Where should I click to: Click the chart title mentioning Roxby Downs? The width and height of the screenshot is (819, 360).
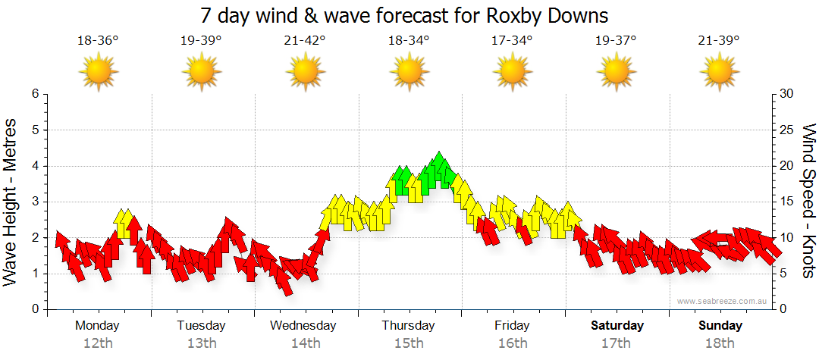pos(404,15)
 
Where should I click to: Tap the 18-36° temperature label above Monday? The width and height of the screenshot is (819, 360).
pos(98,41)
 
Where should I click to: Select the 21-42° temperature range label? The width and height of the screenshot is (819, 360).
pos(305,41)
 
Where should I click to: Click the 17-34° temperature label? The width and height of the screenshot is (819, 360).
pos(512,41)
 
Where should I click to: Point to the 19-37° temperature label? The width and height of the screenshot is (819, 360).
pos(616,41)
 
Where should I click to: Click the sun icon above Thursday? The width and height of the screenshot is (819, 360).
pos(409,72)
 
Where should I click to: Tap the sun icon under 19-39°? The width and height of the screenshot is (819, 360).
pos(202,72)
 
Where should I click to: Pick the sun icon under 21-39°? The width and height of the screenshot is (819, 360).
pos(719,72)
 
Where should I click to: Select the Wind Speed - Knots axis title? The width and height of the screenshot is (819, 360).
pos(808,202)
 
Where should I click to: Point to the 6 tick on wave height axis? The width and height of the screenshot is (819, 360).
pos(34,94)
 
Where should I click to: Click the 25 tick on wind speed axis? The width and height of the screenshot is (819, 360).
pos(786,130)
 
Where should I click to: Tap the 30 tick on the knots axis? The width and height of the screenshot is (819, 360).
pos(786,94)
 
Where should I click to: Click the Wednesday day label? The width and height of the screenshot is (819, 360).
pos(303,326)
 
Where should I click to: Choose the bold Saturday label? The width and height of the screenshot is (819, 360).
pos(617,326)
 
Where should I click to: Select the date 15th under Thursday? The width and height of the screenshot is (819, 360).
pos(409,343)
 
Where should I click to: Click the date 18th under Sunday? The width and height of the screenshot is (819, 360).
pos(720,343)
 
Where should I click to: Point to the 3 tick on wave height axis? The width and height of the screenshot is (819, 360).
pos(34,202)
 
